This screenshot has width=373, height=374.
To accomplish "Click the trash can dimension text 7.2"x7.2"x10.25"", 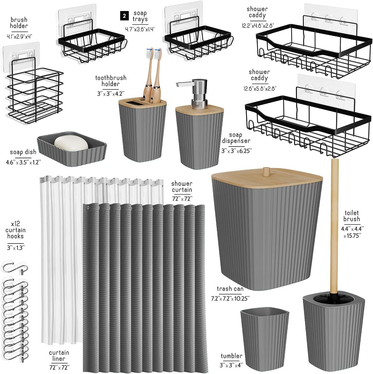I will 230,298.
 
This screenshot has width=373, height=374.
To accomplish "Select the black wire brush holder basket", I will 36,95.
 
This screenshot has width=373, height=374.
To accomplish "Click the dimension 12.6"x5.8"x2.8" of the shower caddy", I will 259,89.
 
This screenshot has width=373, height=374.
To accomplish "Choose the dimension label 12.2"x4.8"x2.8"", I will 257,25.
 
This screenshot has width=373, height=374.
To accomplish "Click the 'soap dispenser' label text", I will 236,138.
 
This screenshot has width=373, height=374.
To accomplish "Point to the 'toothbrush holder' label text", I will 111,81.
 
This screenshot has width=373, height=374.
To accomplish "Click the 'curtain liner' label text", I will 59,356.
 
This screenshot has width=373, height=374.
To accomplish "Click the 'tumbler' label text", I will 231,356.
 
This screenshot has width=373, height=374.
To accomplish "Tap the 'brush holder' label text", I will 19,23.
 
